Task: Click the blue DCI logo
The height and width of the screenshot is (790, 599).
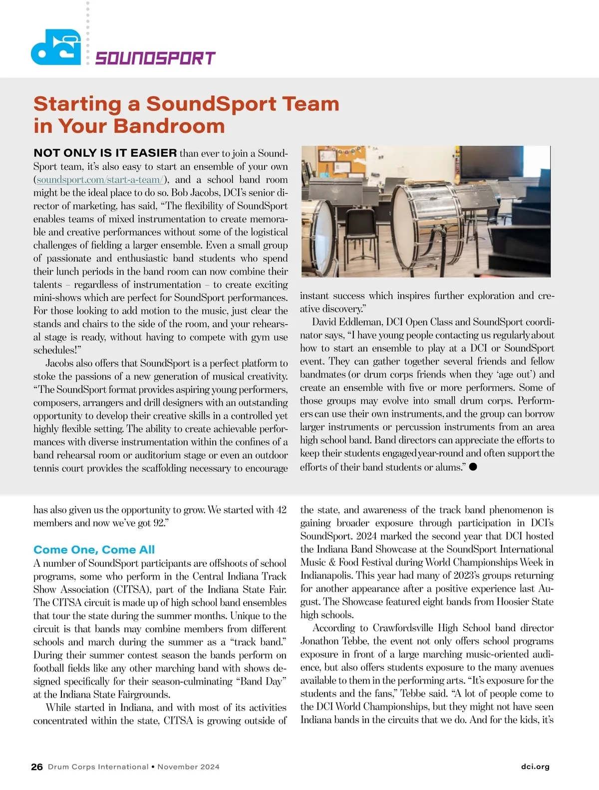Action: pyautogui.click(x=55, y=48)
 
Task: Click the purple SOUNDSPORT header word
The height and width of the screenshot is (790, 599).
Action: pyautogui.click(x=155, y=58)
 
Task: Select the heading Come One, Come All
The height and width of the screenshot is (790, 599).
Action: pyautogui.click(x=94, y=550)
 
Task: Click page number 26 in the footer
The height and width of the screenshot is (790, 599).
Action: pyautogui.click(x=37, y=767)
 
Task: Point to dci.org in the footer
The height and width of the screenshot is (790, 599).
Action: pyautogui.click(x=535, y=767)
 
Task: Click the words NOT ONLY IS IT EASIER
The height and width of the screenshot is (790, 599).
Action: pyautogui.click(x=105, y=153)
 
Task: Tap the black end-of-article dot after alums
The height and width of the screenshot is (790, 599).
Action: pyautogui.click(x=473, y=466)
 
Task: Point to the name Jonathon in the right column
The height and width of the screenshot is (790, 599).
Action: pyautogui.click(x=319, y=641)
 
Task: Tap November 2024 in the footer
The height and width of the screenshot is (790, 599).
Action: pyautogui.click(x=188, y=767)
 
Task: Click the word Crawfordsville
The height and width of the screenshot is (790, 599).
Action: pyautogui.click(x=403, y=628)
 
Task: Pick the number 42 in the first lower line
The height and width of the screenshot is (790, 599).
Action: pyautogui.click(x=281, y=510)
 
